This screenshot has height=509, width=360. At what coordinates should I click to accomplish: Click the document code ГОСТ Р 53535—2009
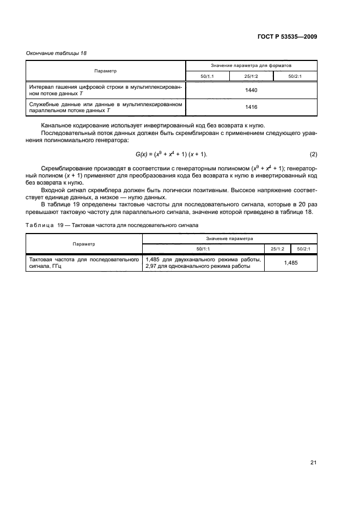[x=287, y=36]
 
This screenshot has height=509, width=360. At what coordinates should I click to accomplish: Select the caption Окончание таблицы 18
[x=56, y=53]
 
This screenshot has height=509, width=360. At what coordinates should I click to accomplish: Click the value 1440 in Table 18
[x=251, y=90]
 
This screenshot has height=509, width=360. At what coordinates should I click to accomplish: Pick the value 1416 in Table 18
[x=251, y=107]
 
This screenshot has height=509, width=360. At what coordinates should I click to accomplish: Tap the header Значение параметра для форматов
[x=251, y=65]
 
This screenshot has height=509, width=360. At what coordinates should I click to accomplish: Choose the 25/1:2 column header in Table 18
[x=251, y=76]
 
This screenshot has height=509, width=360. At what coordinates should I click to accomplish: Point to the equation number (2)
[x=313, y=154]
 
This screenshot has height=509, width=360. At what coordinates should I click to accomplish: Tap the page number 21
[x=313, y=462]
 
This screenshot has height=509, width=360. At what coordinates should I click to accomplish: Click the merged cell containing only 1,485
[x=290, y=263]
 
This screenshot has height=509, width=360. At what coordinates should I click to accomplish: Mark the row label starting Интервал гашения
[x=106, y=90]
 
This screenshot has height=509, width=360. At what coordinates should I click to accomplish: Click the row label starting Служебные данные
[x=106, y=107]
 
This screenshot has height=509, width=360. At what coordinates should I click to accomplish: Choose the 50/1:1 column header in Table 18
[x=208, y=76]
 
